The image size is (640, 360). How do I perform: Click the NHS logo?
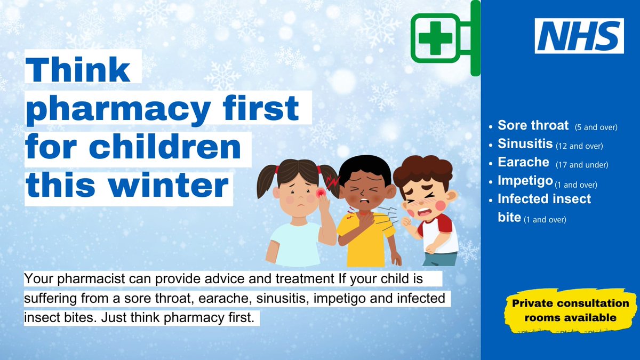click(579, 36)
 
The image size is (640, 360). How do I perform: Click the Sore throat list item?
click(533, 126)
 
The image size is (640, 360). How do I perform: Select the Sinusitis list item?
click(525, 145)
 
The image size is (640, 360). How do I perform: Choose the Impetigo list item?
click(525, 181)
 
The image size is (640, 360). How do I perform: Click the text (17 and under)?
click(582, 165)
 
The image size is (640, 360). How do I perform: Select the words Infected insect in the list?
click(544, 199)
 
